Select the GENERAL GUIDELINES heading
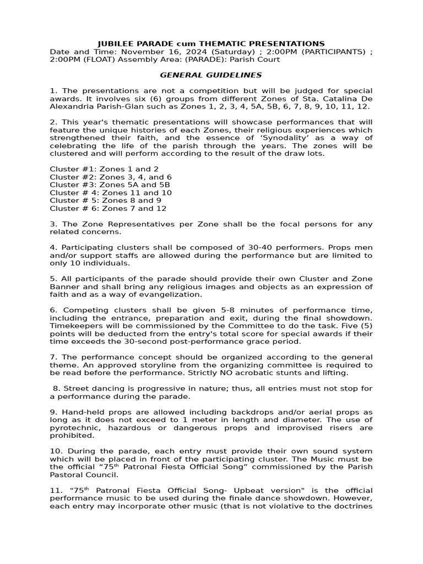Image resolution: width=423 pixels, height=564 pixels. (211, 75)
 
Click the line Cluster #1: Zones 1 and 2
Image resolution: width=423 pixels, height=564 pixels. (104, 169)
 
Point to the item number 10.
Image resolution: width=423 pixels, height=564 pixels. (54, 452)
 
